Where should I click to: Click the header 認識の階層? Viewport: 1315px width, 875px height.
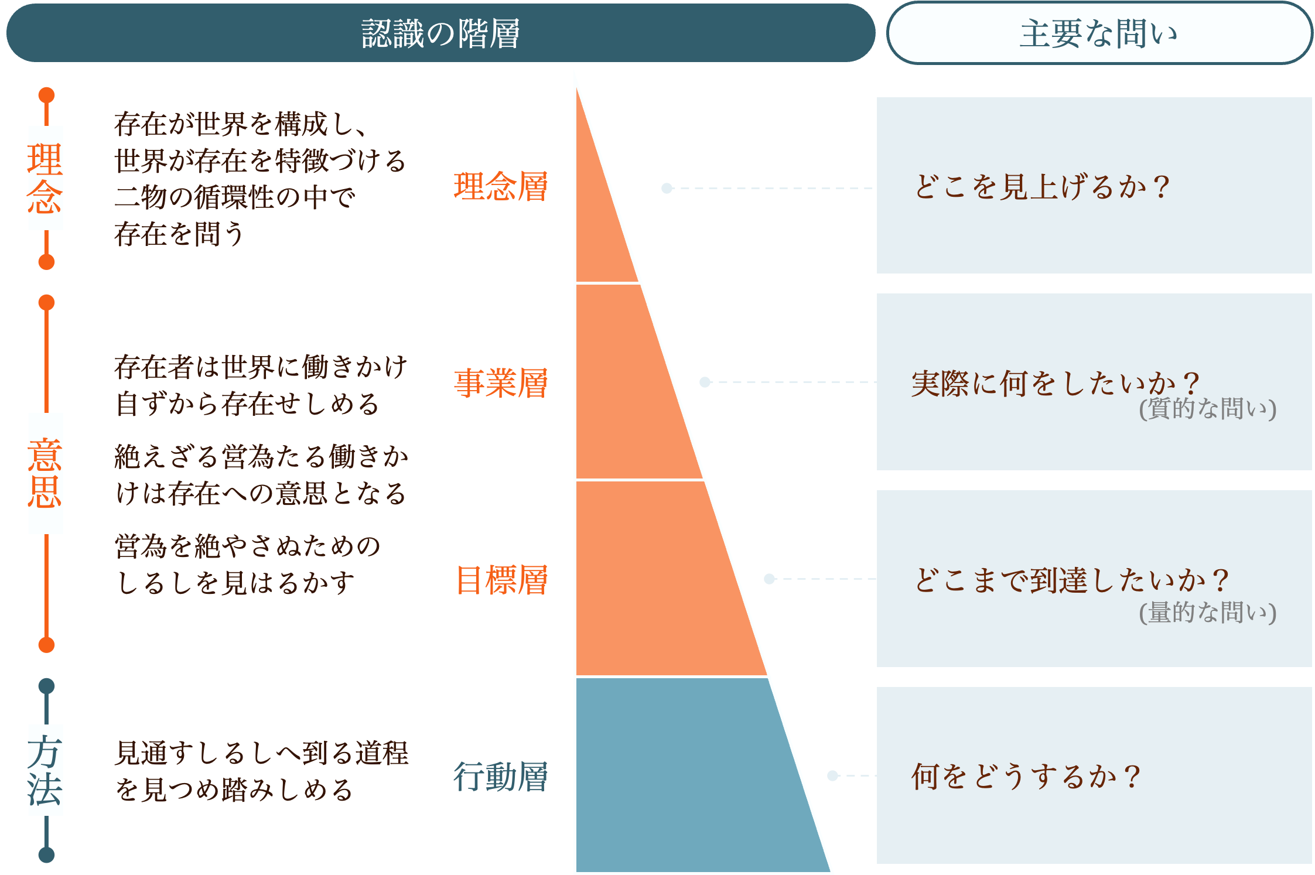[x=440, y=33]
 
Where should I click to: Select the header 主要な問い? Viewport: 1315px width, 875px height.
[x=1099, y=33]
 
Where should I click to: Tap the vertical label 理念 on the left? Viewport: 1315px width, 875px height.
[x=45, y=178]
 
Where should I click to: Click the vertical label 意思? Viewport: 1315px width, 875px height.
[x=45, y=473]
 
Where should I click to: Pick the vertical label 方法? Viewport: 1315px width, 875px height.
[x=45, y=770]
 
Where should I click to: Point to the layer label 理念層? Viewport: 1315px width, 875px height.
[x=501, y=187]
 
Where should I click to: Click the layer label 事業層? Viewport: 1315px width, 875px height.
[x=501, y=384]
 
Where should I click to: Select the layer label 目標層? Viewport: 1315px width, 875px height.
[x=502, y=580]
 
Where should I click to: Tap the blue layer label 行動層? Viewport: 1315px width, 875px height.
[x=501, y=777]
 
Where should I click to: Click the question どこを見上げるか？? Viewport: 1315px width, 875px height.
[x=1041, y=187]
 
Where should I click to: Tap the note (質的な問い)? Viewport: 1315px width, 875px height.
[x=1207, y=408]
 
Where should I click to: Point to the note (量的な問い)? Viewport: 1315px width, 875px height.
[x=1207, y=612]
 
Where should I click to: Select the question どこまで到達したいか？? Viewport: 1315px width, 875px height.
[x=1071, y=580]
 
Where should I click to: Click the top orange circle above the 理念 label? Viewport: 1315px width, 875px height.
[x=46, y=95]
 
